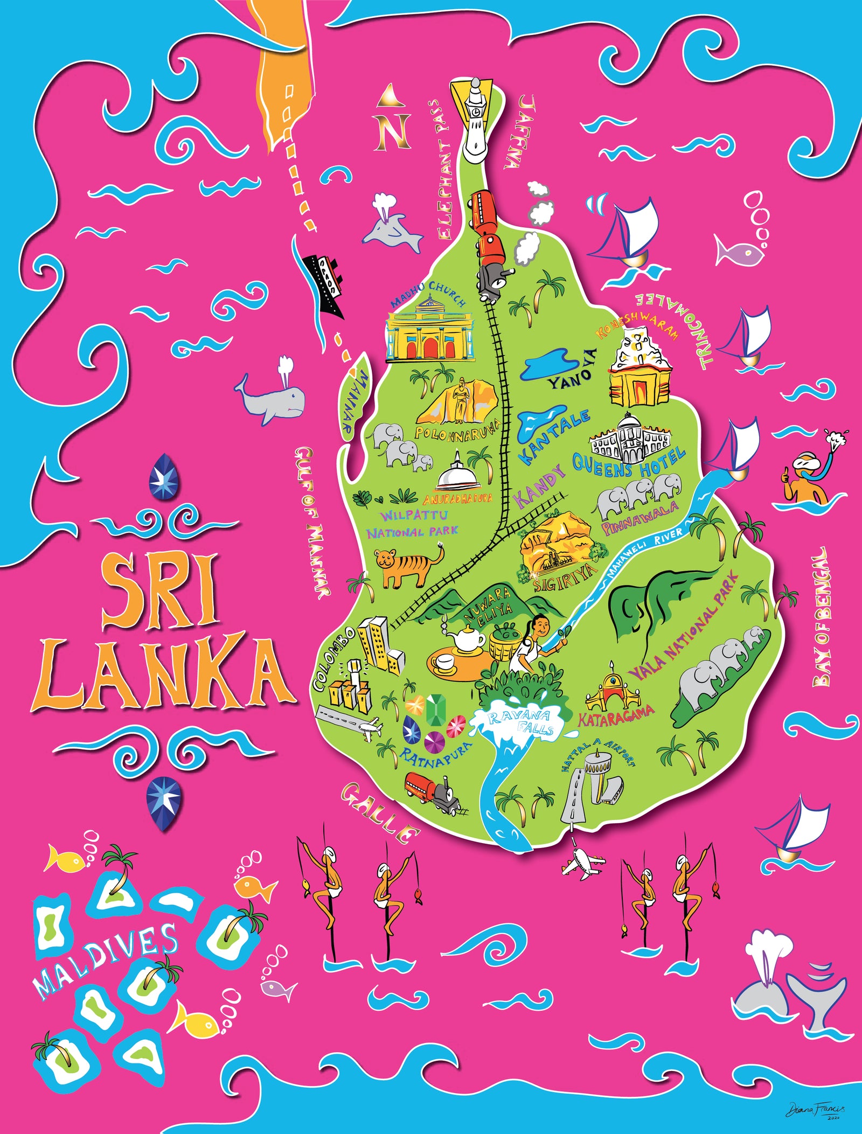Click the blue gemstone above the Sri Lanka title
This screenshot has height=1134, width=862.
165,475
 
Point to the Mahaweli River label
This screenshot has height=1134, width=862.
641,555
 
